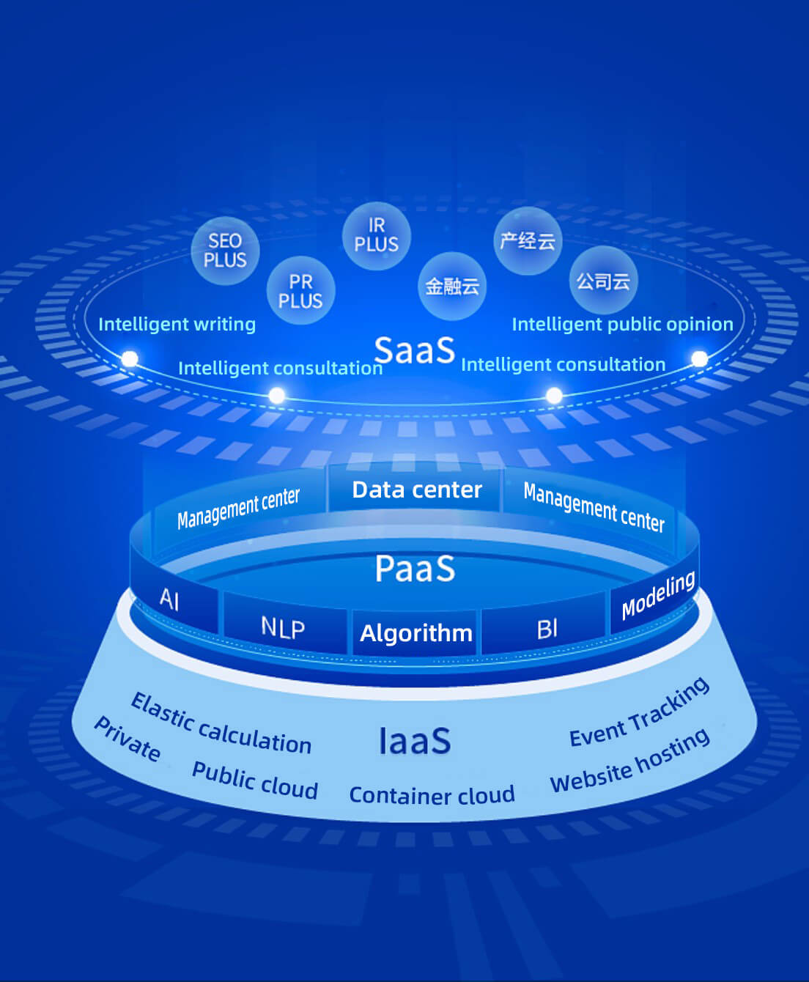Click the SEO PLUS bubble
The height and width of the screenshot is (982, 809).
(225, 251)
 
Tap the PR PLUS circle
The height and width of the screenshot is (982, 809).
(300, 291)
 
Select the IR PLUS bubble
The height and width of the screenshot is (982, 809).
(376, 235)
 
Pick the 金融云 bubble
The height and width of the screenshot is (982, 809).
(452, 286)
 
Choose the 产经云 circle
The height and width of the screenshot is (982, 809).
(528, 240)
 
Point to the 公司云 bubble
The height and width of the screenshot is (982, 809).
(603, 281)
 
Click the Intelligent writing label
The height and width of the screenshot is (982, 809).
(177, 324)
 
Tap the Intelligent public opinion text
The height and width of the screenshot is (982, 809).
(622, 324)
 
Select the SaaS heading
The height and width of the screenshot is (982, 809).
(415, 350)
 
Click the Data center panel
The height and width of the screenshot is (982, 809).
(417, 490)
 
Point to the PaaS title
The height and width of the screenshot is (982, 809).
(415, 569)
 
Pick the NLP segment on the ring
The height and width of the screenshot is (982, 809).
(283, 628)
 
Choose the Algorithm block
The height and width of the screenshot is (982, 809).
(415, 632)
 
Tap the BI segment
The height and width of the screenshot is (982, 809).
(547, 629)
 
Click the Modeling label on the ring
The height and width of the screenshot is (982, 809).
(657, 595)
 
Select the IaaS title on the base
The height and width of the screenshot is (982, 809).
(414, 741)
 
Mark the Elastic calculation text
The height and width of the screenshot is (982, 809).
(221, 724)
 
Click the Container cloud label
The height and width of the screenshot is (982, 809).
(432, 795)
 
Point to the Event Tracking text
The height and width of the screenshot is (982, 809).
(639, 712)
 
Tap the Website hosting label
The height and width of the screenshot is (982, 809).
(629, 761)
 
